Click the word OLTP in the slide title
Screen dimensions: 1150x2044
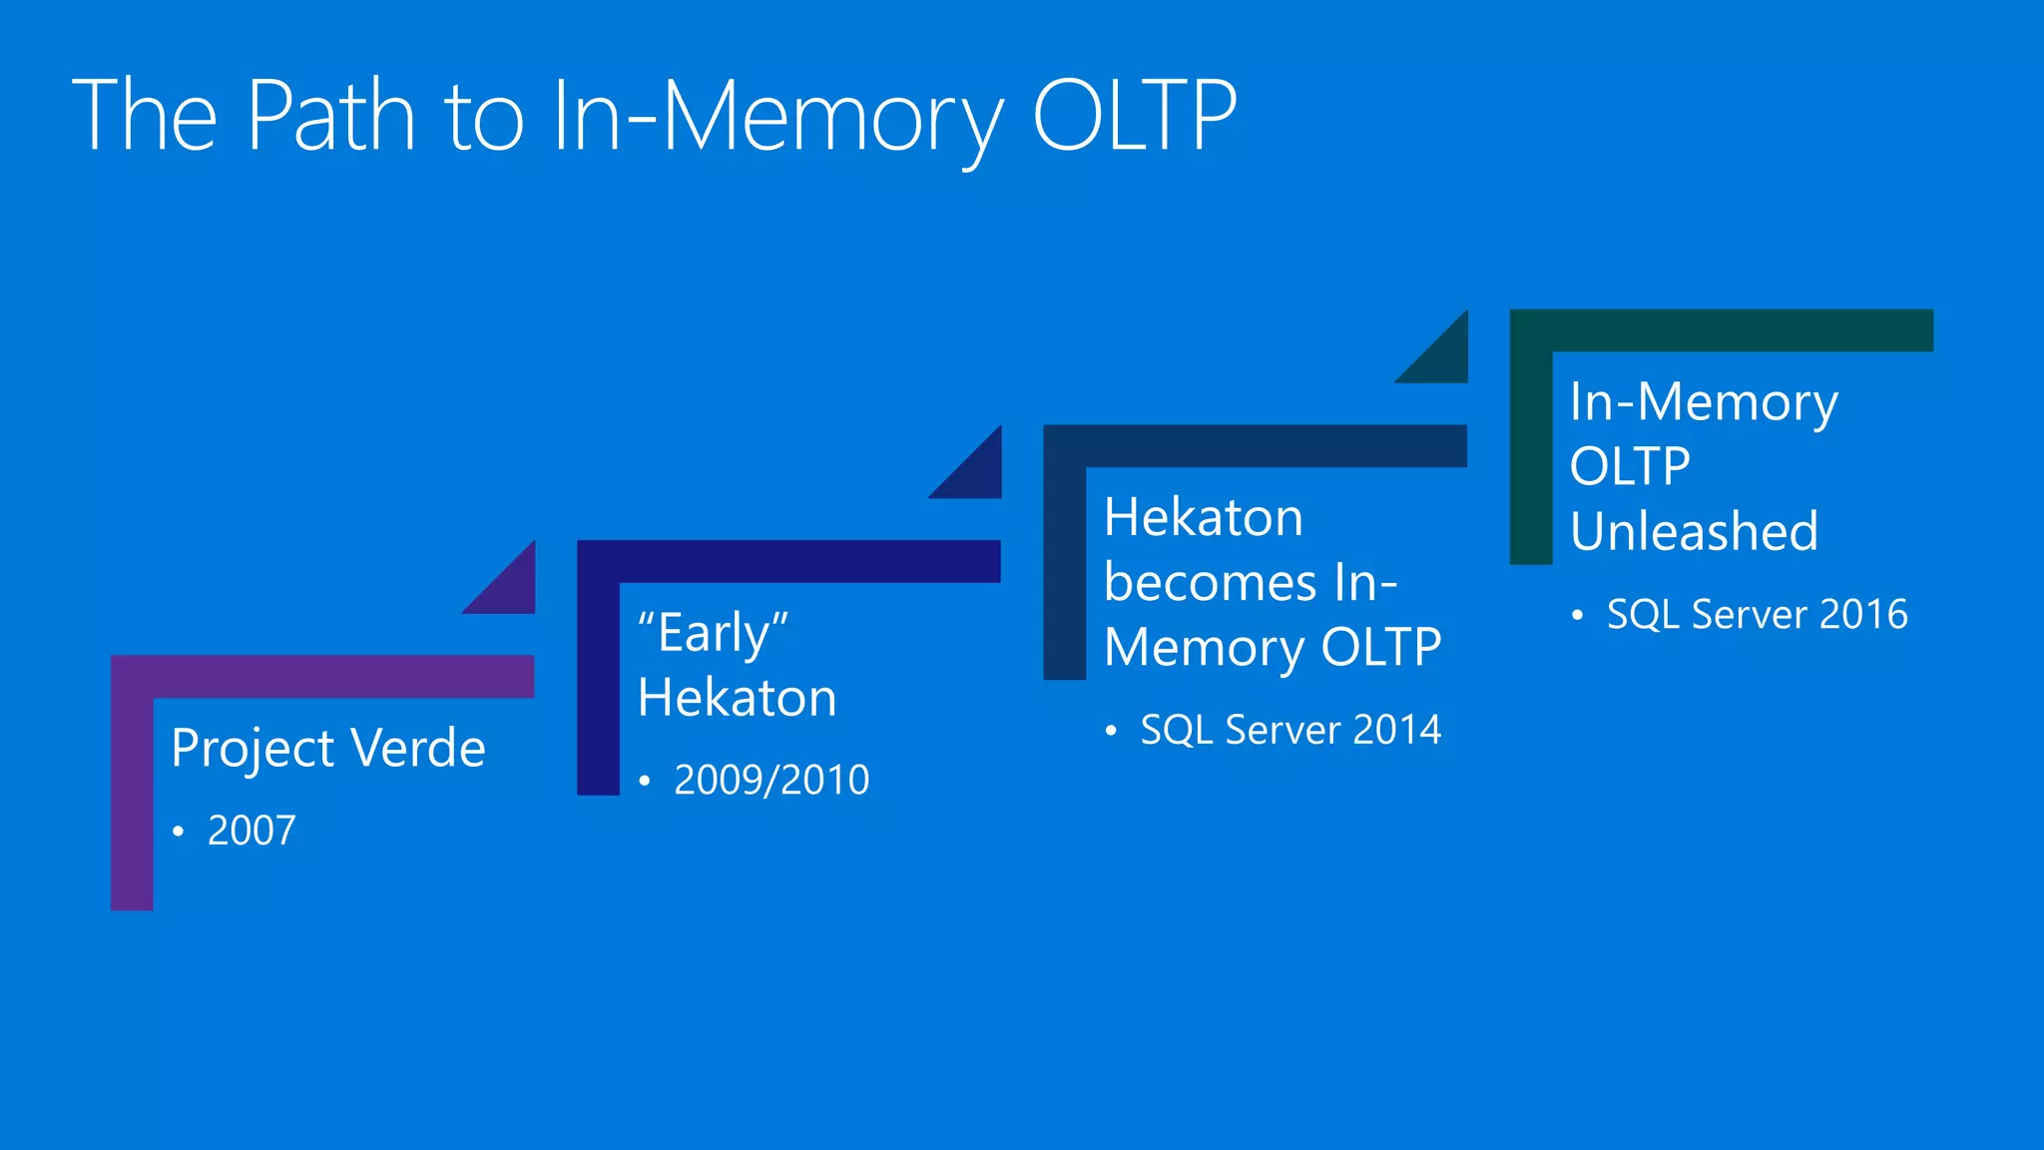[1134, 117]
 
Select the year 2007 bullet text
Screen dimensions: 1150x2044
[252, 831]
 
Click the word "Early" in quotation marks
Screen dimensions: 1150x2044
[713, 633]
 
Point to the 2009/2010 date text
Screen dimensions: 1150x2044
[771, 780]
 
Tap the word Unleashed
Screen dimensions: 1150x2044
[1694, 531]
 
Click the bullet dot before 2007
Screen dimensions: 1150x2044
[178, 832]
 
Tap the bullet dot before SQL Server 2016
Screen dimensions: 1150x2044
[1577, 615]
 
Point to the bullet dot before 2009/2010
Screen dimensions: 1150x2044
[645, 781]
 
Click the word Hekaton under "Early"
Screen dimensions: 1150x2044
[737, 698]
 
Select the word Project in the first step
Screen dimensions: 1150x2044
[253, 749]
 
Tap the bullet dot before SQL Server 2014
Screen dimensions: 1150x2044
[1111, 731]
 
